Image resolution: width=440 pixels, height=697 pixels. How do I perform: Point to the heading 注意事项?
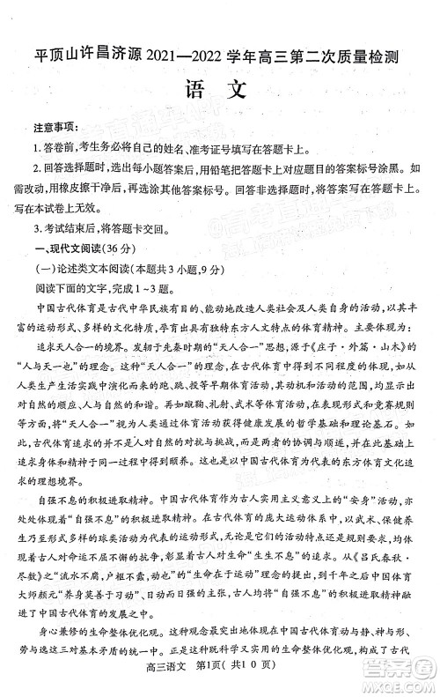click(55, 129)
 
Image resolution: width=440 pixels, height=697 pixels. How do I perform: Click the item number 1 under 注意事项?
click(36, 148)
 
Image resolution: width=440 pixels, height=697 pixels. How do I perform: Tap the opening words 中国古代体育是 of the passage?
click(79, 308)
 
